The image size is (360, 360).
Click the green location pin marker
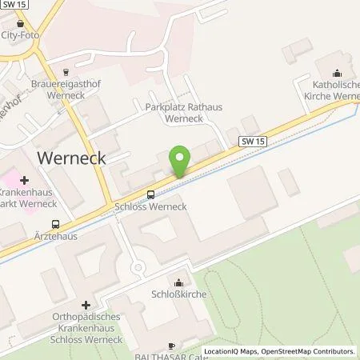(x=181, y=162)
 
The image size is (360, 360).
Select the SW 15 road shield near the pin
(x=253, y=141)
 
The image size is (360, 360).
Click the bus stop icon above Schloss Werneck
(x=150, y=194)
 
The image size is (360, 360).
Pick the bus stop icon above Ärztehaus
(x=54, y=224)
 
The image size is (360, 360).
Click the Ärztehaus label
(x=54, y=237)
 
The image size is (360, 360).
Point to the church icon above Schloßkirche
(x=178, y=282)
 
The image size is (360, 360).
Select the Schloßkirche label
(x=178, y=294)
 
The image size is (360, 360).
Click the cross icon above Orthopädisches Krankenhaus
(x=86, y=304)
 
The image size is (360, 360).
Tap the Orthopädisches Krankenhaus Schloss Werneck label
(x=86, y=324)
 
